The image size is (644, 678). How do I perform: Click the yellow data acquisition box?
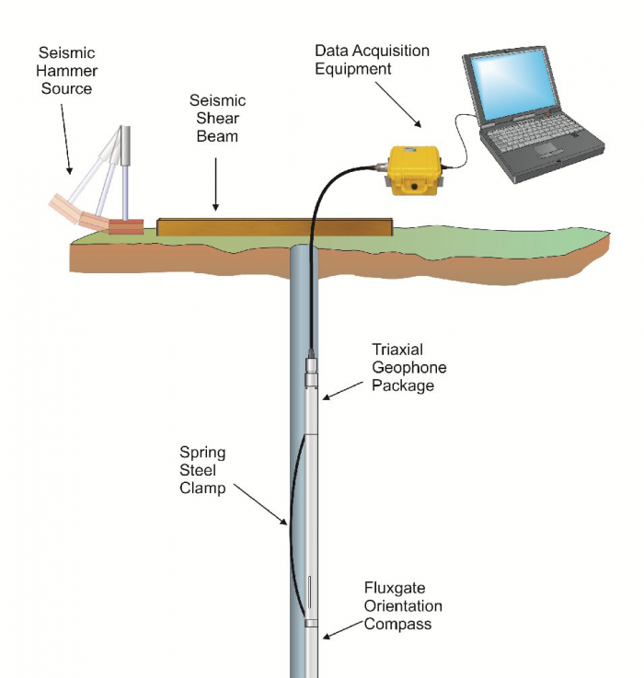(x=413, y=172)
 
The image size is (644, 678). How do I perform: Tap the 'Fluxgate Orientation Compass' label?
(x=402, y=605)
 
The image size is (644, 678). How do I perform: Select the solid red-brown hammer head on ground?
(x=125, y=226)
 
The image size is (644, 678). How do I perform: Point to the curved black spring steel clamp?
(x=288, y=524)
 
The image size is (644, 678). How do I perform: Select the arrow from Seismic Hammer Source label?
(x=62, y=138)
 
